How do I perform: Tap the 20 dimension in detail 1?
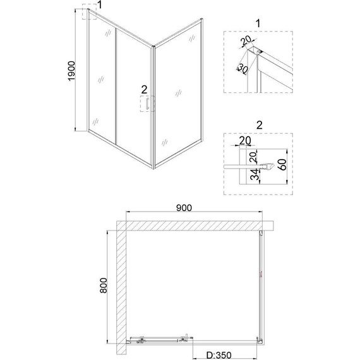tap(246, 44)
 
